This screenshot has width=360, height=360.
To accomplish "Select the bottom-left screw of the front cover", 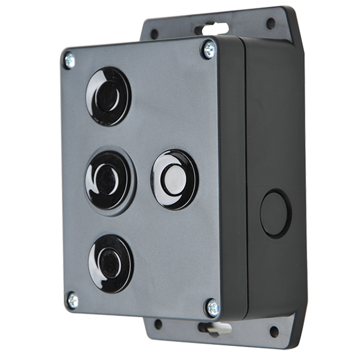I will pyautogui.click(x=71, y=298).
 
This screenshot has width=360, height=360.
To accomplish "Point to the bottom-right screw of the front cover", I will pyautogui.click(x=212, y=307).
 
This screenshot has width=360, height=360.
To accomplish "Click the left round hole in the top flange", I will pyautogui.click(x=155, y=30).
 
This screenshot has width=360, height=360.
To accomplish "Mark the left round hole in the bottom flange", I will pyautogui.click(x=157, y=323).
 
